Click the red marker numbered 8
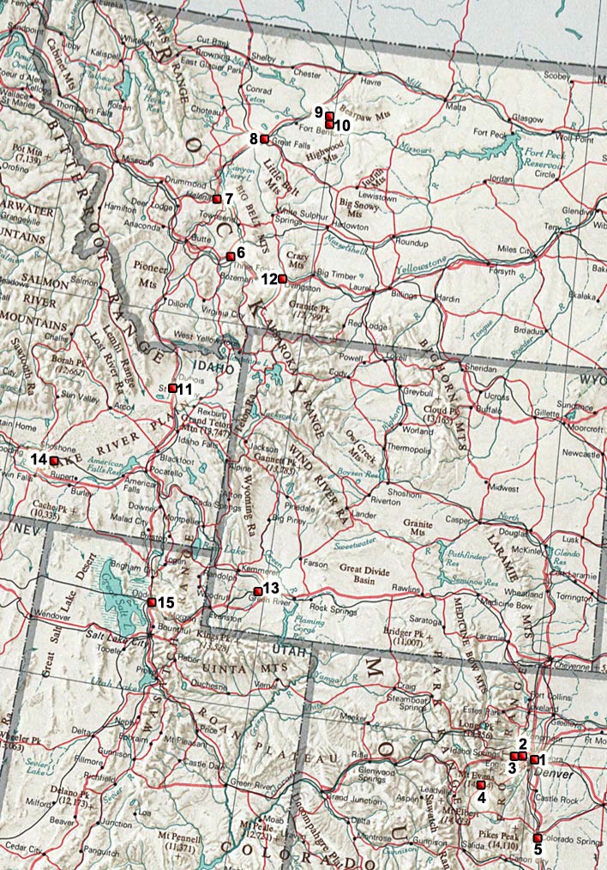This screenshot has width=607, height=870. (x=265, y=139)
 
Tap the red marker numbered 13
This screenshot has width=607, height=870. (x=258, y=591)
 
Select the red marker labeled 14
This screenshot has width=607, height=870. (x=54, y=461)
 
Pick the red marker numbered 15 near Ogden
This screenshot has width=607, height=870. (x=151, y=602)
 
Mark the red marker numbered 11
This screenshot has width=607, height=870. (x=172, y=388)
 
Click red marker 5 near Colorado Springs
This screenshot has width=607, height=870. (x=538, y=837)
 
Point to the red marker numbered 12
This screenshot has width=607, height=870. (x=282, y=278)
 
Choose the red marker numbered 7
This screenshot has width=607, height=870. (x=217, y=199)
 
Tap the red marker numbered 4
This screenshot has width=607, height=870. (x=480, y=785)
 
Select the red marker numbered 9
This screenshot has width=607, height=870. (x=329, y=116)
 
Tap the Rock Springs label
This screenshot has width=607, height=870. (x=331, y=607)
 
